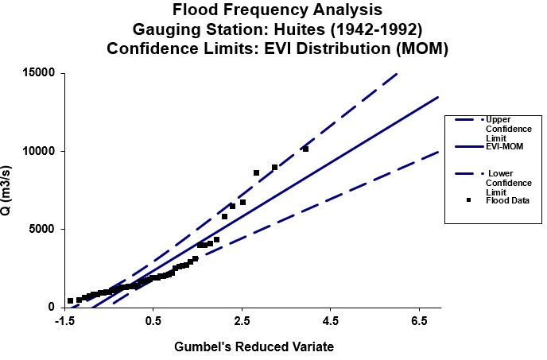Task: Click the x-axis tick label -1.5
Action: (64, 321)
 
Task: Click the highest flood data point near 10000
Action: (305, 149)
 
